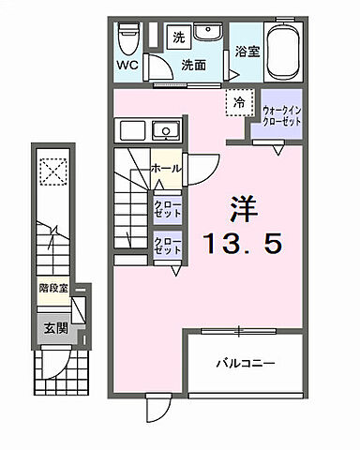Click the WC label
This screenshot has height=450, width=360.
click(127, 66)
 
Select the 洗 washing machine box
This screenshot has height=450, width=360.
click(178, 37)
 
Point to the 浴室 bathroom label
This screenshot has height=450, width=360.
click(247, 52)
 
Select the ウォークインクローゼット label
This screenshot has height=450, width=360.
click(281, 116)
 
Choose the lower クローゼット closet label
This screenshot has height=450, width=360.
click(168, 246)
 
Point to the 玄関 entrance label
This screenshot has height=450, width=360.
click(53, 328)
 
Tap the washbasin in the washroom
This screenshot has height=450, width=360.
click(208, 37)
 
